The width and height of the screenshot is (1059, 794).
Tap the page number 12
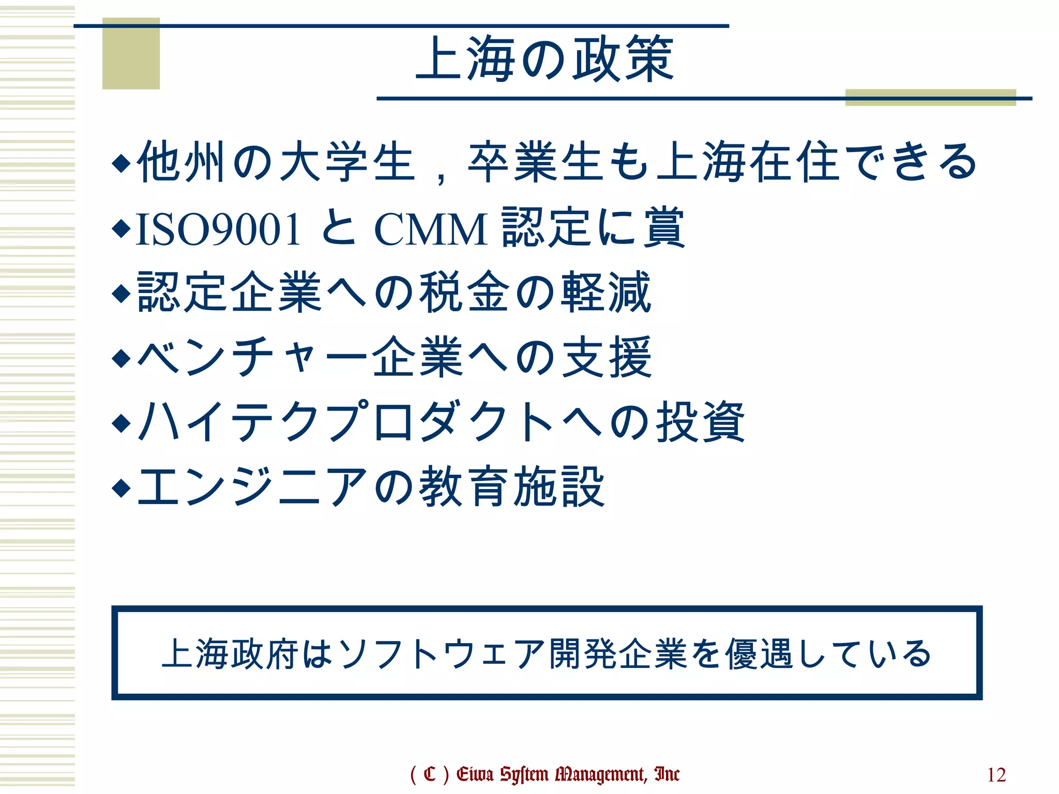coord(996,775)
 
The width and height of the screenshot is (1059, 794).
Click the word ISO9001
coord(218,229)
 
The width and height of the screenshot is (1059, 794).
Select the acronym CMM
coord(430,229)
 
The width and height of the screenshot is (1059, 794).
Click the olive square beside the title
coord(131,53)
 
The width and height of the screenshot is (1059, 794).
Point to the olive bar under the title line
coord(930,98)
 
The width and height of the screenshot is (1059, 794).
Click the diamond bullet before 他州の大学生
coord(122,163)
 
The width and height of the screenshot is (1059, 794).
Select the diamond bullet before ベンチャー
coord(122,358)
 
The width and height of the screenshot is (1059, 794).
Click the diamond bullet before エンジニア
coord(122,487)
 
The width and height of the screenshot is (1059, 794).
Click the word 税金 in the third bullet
coord(464,293)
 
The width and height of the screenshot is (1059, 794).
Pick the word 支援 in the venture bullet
coord(607,357)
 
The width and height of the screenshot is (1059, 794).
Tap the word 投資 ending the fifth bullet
coord(700,422)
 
